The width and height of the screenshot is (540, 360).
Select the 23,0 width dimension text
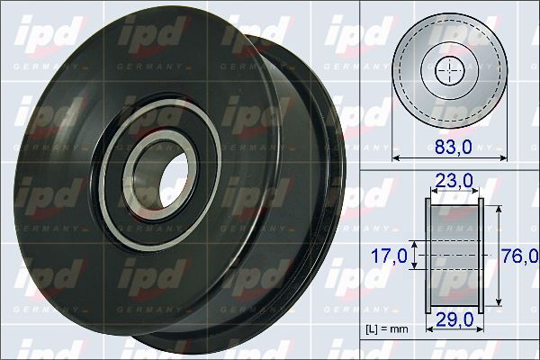[x=454, y=182]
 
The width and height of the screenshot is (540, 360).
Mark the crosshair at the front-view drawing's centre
[x=447, y=70]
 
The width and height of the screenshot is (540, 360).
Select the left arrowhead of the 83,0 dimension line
[x=397, y=158]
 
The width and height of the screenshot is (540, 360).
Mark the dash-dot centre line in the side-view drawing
[x=454, y=256]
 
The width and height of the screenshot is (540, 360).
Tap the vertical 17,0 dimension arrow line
[x=414, y=256]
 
